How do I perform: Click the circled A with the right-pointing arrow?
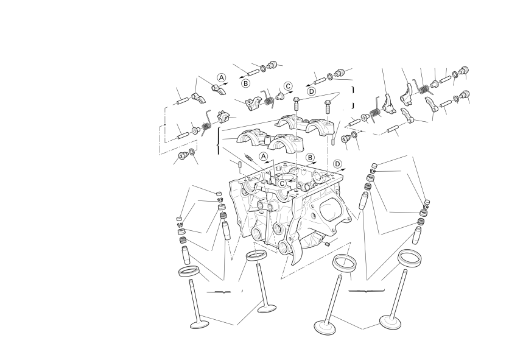(222, 77)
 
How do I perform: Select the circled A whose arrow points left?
(263, 157)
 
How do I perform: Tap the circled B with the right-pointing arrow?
(311, 158)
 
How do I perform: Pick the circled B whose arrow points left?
(246, 83)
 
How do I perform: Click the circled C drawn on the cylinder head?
(282, 183)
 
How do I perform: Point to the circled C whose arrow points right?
(288, 86)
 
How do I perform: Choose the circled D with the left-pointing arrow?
(311, 91)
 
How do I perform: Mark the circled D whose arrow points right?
(337, 164)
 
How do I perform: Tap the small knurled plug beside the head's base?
(327, 244)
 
